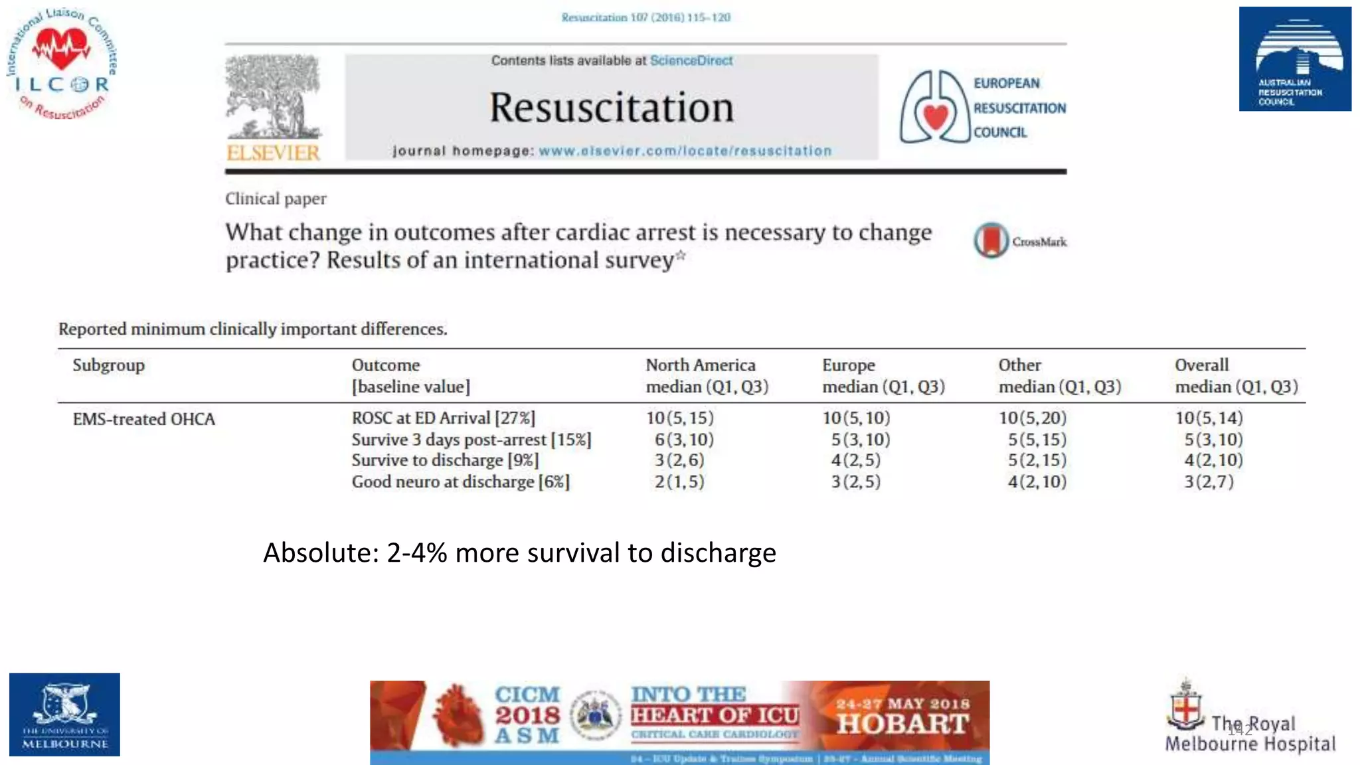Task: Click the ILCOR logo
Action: point(62,64)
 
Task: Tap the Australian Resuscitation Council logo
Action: point(1294,59)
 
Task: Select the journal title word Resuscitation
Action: point(612,108)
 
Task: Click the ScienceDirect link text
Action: point(691,60)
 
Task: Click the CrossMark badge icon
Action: point(991,240)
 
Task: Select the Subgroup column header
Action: point(108,365)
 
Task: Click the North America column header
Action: point(701,365)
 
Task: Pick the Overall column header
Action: point(1201,365)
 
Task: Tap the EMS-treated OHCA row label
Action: point(143,419)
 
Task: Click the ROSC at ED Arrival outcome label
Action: point(443,418)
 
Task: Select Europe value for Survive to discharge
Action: point(855,460)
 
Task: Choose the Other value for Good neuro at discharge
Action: point(1037,481)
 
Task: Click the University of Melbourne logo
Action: point(64,715)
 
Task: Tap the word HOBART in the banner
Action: point(902,724)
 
